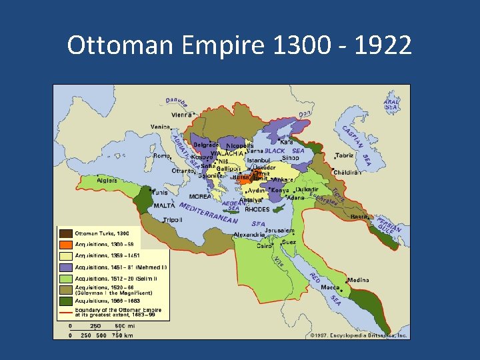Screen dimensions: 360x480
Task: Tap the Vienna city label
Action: pos(181,114)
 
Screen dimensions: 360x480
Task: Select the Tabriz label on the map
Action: pos(345,155)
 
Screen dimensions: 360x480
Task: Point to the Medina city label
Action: pos(357,280)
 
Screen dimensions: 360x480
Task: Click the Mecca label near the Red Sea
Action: pos(331,287)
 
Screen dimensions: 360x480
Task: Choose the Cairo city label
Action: pos(265,245)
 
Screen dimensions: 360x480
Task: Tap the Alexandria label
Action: pos(249,235)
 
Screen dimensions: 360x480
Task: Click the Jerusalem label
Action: pos(281,231)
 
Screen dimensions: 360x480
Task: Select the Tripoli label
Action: pos(172,219)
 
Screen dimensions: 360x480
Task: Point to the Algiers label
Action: pos(107,180)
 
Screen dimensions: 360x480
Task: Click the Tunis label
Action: pos(161,192)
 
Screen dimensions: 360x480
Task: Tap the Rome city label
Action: pos(161,155)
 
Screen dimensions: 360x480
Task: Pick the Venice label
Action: pos(160,127)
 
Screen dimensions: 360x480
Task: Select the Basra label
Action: pos(359,217)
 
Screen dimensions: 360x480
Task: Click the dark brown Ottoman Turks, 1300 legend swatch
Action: pos(65,233)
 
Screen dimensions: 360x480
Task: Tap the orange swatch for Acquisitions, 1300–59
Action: pos(65,244)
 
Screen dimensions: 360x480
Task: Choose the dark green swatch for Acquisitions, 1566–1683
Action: pos(65,301)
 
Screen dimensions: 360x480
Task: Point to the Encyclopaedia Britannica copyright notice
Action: pos(359,335)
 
